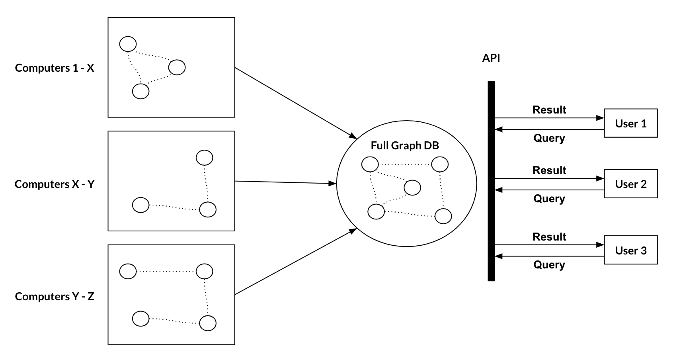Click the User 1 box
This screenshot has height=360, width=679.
630,123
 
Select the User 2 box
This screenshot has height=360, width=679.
630,184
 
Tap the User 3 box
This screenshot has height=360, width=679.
630,250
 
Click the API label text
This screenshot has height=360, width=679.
491,58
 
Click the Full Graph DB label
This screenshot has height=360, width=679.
404,146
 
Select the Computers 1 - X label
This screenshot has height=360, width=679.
55,68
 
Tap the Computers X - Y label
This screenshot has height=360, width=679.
55,184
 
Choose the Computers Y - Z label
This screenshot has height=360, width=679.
55,297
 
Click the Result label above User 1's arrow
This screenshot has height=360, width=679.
549,110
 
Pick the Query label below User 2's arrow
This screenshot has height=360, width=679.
549,198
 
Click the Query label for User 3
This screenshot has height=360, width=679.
549,265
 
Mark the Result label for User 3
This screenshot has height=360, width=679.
549,237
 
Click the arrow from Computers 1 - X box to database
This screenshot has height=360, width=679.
295,103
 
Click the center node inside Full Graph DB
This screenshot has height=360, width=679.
412,187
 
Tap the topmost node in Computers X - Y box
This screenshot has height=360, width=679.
205,158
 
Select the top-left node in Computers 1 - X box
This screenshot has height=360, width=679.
128,44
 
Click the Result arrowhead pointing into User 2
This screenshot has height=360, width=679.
601,178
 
